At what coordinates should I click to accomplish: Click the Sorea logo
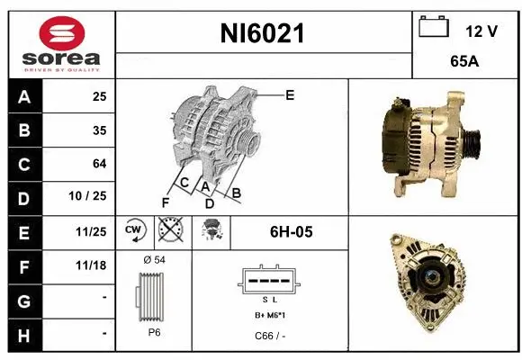(60, 43)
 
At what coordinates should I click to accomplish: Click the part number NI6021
(263, 34)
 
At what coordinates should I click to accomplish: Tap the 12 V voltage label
(481, 31)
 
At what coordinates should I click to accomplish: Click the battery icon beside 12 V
(435, 29)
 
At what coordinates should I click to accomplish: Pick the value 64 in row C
(99, 164)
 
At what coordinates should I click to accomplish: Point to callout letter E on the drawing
(290, 94)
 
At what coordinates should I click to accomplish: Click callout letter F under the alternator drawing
(165, 202)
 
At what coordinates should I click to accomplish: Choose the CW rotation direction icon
(133, 231)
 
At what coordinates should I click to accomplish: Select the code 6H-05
(291, 232)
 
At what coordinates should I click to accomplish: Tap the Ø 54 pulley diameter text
(154, 260)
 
